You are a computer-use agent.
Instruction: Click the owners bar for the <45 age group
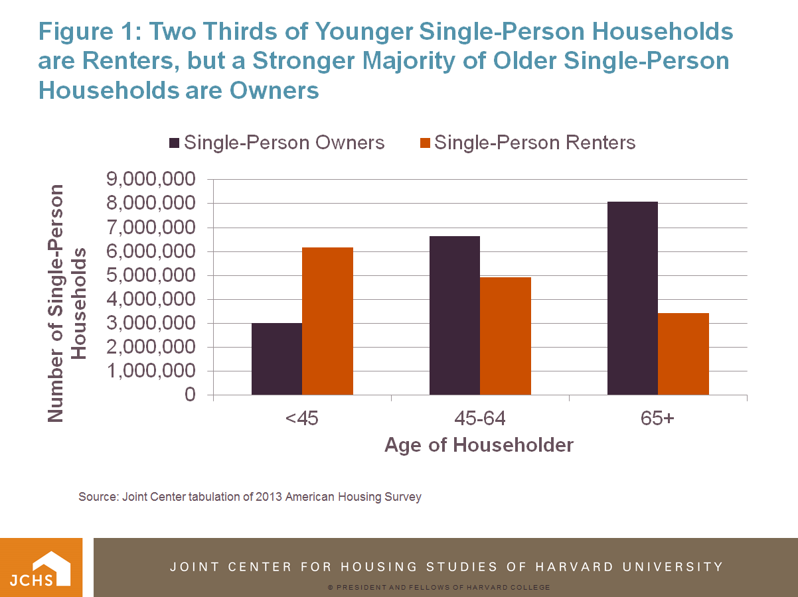tap(277, 359)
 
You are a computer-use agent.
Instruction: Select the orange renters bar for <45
tap(327, 321)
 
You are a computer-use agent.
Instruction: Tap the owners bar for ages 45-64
tap(455, 315)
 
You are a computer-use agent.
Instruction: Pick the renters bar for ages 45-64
tap(505, 336)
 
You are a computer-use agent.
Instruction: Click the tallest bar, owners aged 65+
tap(632, 298)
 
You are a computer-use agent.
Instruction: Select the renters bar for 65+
tap(683, 354)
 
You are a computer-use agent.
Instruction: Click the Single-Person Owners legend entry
tap(278, 143)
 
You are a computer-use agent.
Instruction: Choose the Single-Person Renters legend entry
tap(528, 143)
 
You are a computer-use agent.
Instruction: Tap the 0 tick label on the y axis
tap(190, 395)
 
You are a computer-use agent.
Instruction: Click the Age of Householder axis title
tap(479, 444)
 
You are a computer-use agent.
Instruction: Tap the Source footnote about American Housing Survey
tap(250, 496)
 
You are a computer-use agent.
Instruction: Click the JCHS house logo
tap(41, 567)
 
